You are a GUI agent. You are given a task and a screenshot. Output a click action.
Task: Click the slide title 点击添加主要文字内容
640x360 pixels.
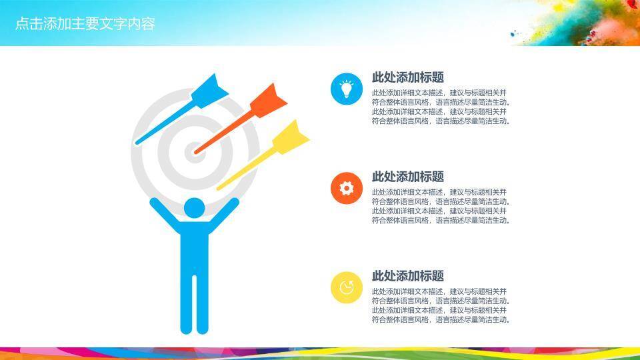coord(85,24)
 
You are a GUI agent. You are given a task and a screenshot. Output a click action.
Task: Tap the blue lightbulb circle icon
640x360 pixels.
coord(346,89)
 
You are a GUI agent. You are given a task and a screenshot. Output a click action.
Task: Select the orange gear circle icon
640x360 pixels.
coord(346,188)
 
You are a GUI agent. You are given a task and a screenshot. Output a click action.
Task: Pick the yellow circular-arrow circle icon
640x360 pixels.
coord(346,288)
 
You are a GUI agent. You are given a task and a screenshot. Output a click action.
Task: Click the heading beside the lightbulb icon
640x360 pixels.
coord(407,77)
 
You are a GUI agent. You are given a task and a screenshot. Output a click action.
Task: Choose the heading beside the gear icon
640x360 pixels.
coord(407,177)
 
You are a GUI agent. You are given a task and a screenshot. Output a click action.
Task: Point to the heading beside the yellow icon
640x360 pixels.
coord(407,276)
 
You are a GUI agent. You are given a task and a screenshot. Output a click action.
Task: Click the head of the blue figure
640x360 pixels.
coord(194,207)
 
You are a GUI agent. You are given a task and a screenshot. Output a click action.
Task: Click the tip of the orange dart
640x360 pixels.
coord(197,153)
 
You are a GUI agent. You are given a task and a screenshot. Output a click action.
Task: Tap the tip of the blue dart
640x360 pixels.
coord(137,143)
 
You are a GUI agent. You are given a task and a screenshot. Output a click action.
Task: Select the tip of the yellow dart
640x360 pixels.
coord(218,189)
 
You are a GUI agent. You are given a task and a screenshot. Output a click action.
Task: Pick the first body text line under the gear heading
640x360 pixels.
coord(439,192)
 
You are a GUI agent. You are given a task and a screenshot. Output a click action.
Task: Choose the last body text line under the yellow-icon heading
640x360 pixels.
coord(440,320)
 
